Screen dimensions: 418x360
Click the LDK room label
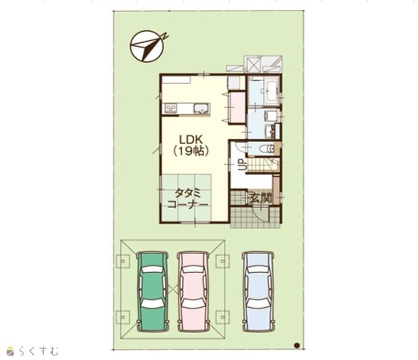[191, 139]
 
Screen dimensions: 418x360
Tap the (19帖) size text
[191, 151]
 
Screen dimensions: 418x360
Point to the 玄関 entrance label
[261, 197]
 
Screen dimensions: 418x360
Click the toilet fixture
[268, 148]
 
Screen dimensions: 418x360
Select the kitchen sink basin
[202, 109]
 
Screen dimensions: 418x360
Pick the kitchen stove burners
[171, 108]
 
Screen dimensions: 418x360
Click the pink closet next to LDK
[237, 107]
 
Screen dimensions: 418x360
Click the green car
[153, 291]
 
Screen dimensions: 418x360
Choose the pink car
[194, 291]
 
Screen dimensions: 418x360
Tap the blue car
[258, 291]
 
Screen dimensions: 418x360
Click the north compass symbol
[148, 46]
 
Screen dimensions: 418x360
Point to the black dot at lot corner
[297, 346]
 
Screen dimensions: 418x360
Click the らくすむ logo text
[39, 351]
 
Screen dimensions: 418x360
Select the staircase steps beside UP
[263, 165]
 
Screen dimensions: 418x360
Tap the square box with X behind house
[253, 64]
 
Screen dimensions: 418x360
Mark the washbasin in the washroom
[270, 116]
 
